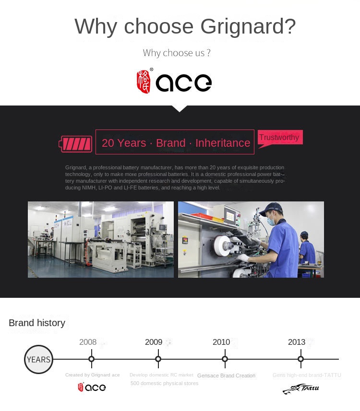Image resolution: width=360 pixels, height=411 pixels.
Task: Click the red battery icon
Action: [x=75, y=143]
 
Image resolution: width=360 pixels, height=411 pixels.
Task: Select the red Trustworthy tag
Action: [x=279, y=138]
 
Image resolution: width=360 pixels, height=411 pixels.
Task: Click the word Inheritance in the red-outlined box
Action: [x=223, y=143]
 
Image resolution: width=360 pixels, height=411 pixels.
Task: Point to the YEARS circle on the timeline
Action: [x=38, y=359]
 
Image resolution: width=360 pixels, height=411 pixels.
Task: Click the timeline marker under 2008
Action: [x=91, y=359]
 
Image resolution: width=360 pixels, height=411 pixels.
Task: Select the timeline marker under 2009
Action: [x=158, y=359]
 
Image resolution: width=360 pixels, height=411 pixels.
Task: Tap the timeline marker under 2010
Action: [x=225, y=359]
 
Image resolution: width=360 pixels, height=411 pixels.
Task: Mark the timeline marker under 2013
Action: [x=300, y=359]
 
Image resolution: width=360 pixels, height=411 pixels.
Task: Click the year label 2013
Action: [x=297, y=342]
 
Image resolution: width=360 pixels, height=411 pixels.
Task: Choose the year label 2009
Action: [x=154, y=342]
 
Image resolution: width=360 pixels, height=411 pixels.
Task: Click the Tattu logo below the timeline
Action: [x=301, y=388]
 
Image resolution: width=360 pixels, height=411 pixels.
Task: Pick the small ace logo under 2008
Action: [x=92, y=387]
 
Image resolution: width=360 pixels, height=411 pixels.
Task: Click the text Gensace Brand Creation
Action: [x=226, y=376]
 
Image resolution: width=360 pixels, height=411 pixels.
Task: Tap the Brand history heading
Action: [x=37, y=323]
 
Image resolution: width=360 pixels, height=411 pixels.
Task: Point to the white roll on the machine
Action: [x=223, y=244]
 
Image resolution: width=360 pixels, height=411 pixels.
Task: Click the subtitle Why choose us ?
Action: [x=177, y=53]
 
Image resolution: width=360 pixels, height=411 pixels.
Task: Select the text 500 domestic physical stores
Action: [x=164, y=383]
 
